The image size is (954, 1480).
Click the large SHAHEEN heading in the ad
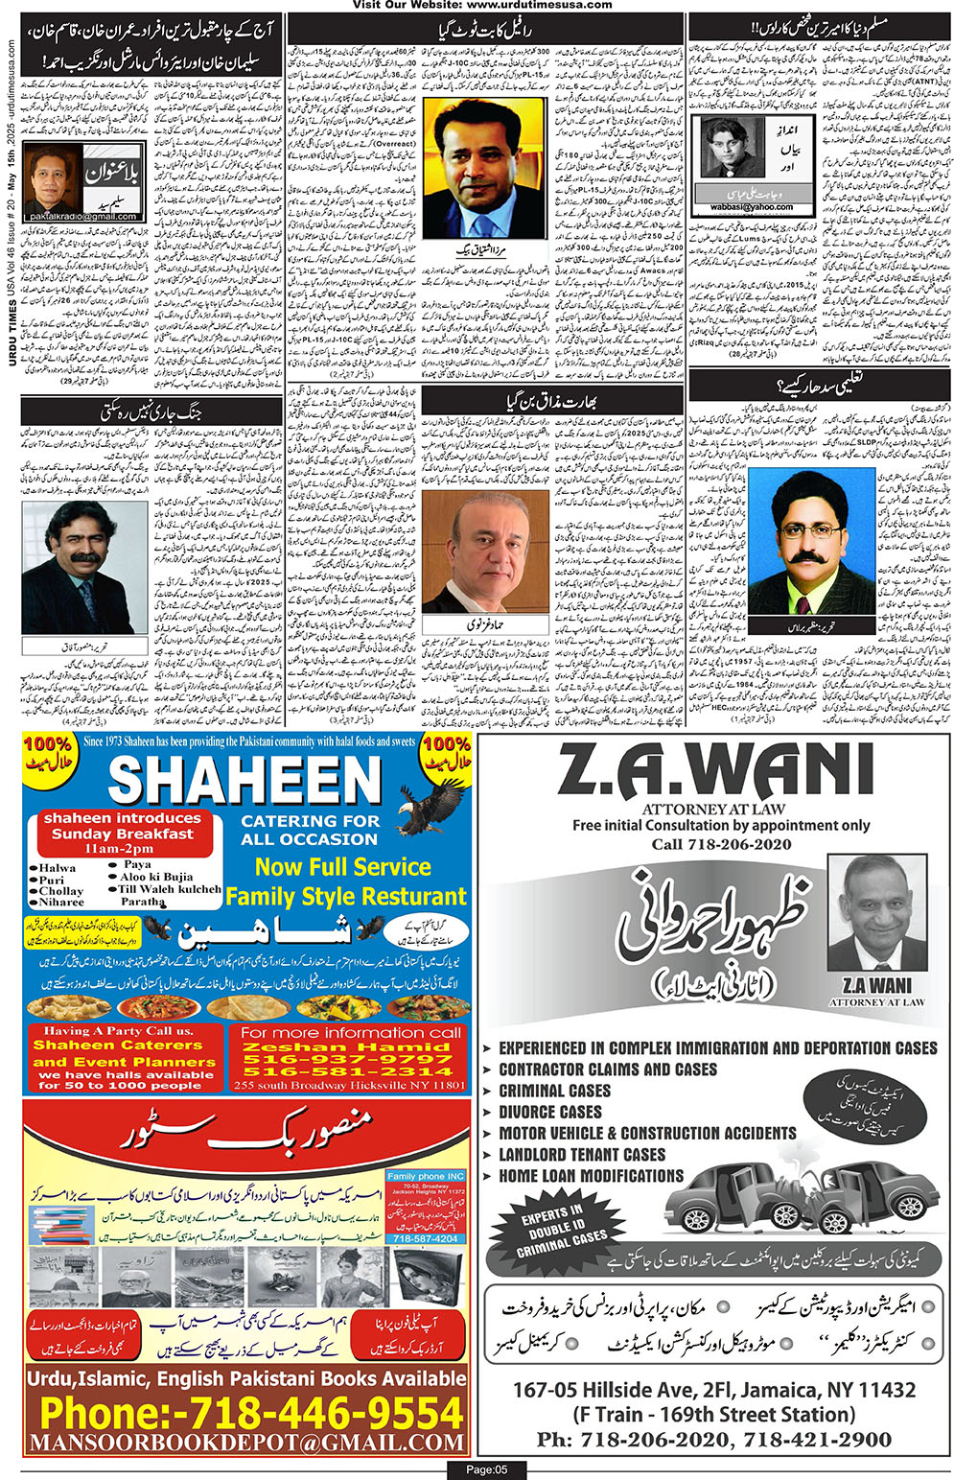pos(244,779)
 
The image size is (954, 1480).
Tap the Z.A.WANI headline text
pos(714,772)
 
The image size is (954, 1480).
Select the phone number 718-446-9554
pos(251,1413)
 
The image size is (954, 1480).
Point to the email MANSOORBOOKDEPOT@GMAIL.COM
pos(246,1443)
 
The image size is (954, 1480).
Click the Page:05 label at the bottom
pos(487,1469)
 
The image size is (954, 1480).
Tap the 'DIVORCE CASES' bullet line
pos(550,1112)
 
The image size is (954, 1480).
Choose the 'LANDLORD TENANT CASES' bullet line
pos(582,1154)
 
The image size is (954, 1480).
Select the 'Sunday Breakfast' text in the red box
pos(122,834)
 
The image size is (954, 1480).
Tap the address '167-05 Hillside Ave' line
pos(714,1390)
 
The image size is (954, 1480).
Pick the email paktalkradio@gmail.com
pos(82,217)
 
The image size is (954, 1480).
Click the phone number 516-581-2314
pos(347,1070)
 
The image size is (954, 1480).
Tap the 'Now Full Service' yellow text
pos(342,867)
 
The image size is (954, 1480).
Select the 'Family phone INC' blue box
pos(426,1176)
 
